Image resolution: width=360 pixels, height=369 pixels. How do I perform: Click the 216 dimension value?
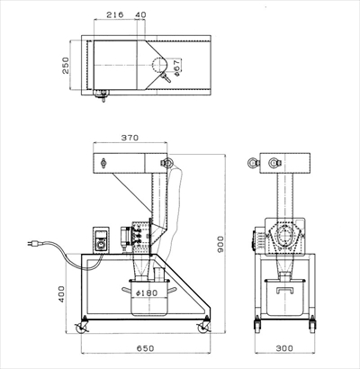pos(115,14)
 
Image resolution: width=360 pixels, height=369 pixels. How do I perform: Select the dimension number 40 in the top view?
pos(140,14)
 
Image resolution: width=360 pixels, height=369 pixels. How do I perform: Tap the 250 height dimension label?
pos(65,66)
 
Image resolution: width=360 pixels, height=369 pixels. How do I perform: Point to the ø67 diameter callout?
pos(176,67)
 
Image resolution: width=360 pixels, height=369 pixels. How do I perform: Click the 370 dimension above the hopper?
pos(130,138)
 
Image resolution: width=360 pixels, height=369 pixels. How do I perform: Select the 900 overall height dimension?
pos(220,244)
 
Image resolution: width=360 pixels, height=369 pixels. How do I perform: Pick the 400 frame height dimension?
pos(61,293)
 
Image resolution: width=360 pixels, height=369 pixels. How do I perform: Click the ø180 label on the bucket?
pos(147,292)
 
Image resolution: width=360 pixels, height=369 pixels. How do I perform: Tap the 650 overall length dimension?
pos(146,348)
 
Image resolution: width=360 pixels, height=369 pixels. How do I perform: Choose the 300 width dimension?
pos(284,348)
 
